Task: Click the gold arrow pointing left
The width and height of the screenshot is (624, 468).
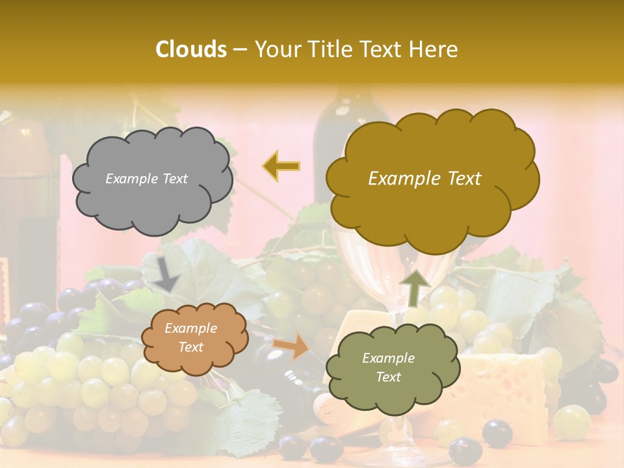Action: [x=281, y=166]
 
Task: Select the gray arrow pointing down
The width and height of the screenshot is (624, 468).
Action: [x=167, y=273]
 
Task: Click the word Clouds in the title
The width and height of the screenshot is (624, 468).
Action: [x=191, y=49]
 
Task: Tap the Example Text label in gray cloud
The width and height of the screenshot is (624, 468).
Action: [x=146, y=179]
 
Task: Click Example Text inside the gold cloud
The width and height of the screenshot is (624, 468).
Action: [x=424, y=179]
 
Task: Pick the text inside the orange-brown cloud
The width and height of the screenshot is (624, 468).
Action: [x=190, y=338]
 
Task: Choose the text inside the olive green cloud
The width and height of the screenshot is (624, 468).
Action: [x=388, y=367]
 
